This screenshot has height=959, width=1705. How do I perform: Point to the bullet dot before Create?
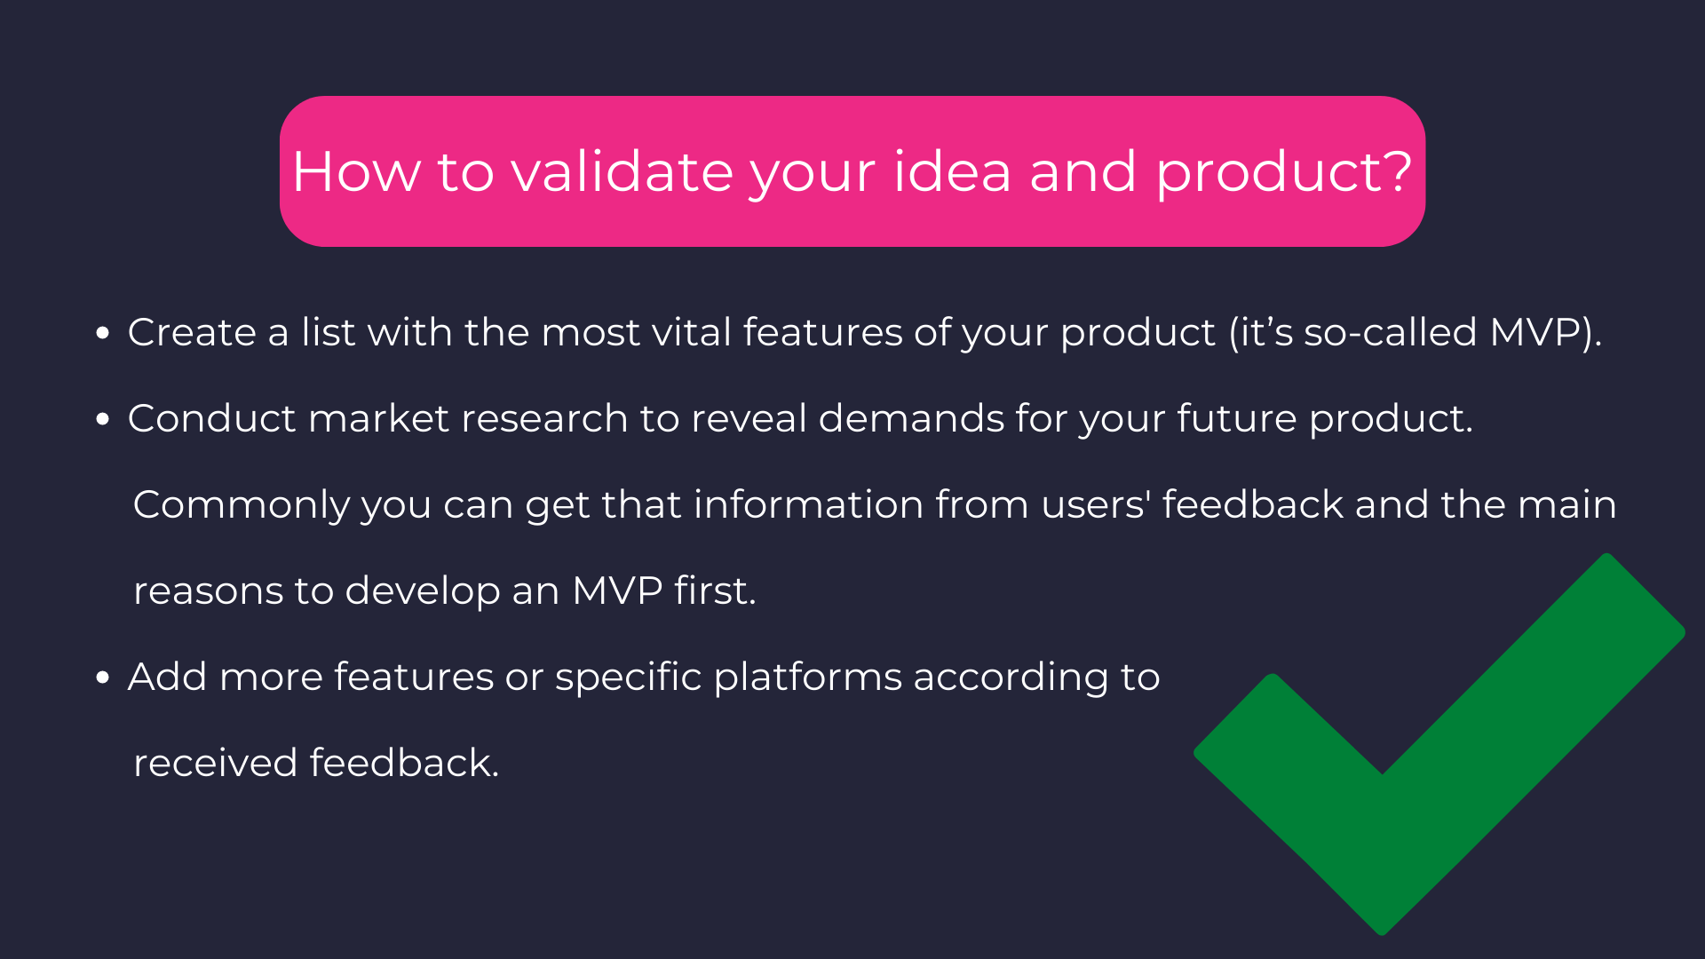[x=103, y=333]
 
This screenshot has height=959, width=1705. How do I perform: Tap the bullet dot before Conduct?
[x=103, y=419]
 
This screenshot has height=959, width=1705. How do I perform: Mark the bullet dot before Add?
[x=103, y=678]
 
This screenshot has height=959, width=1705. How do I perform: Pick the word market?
[x=378, y=418]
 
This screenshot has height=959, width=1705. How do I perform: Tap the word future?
[x=1237, y=418]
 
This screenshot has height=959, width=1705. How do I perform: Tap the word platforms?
[x=808, y=677]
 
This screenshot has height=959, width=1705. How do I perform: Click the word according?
[x=1011, y=678]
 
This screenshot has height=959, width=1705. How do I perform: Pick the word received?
[x=215, y=763]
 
